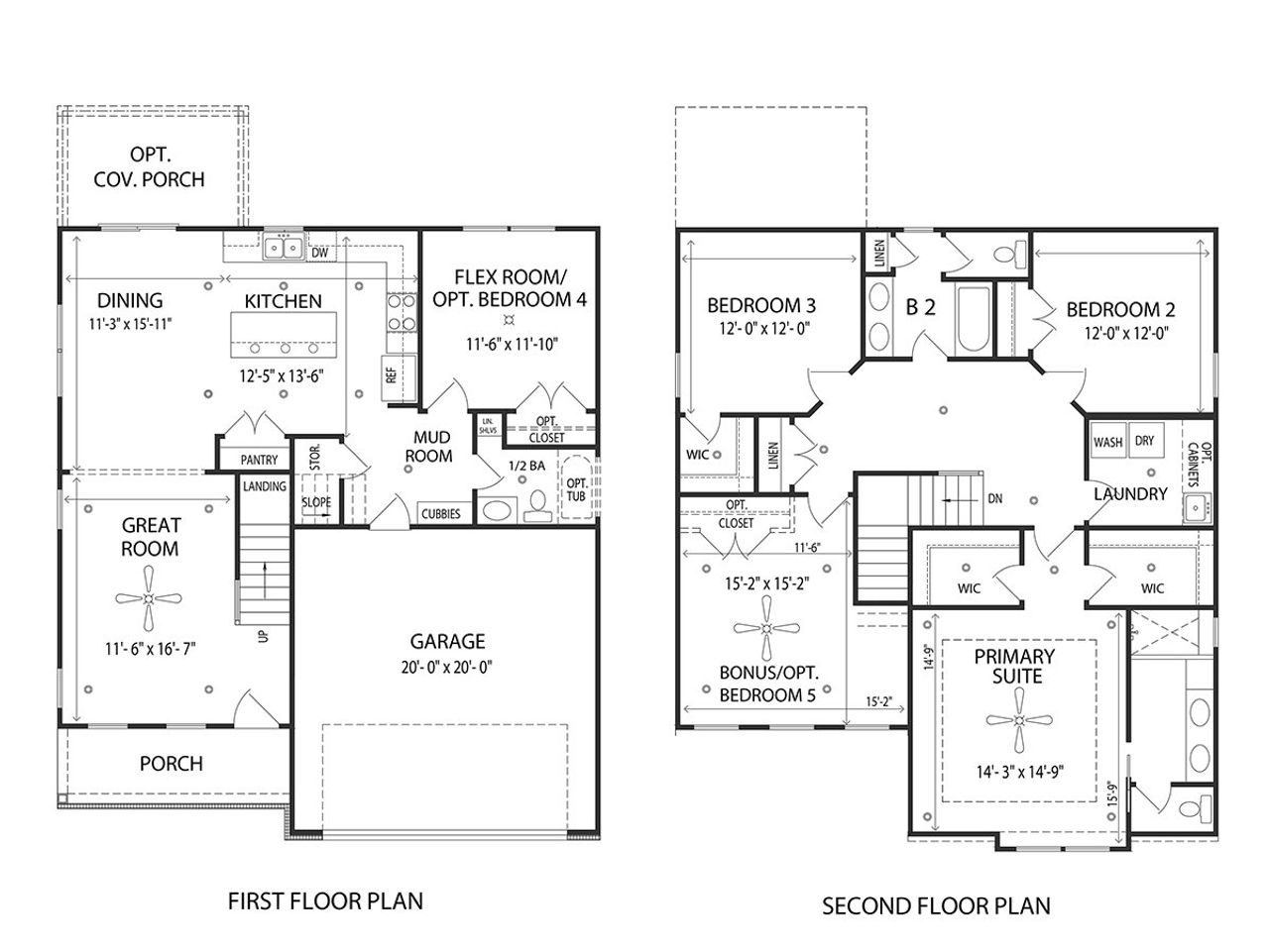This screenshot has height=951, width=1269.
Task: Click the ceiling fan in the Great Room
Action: tap(148, 598)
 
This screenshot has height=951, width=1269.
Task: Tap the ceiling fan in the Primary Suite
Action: tap(1019, 721)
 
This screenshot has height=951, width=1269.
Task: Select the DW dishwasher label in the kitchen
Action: tap(319, 254)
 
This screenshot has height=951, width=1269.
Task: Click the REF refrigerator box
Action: tap(391, 374)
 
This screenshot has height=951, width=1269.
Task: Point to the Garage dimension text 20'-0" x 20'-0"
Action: tap(447, 667)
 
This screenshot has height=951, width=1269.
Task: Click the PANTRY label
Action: tap(260, 461)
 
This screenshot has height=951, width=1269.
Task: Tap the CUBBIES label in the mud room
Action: tap(441, 514)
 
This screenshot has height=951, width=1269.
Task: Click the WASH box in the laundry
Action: tap(1107, 442)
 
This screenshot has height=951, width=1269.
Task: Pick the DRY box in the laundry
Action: tap(1144, 442)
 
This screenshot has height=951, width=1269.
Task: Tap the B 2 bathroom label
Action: tap(921, 307)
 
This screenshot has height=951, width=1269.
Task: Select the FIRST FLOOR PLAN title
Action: tap(325, 900)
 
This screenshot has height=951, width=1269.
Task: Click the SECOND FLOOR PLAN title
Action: tap(936, 904)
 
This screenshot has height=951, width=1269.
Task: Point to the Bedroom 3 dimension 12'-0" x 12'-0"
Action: tap(761, 331)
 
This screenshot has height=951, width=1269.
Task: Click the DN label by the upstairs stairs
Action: tap(994, 498)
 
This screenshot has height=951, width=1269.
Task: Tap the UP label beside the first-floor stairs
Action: tap(263, 636)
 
